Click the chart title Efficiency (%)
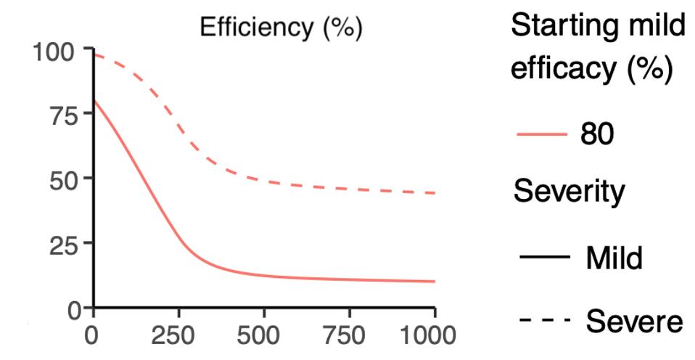(281, 28)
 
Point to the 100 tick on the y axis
(52, 53)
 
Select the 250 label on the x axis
(178, 337)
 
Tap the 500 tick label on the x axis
(263, 337)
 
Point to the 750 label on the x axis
(349, 337)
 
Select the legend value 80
(597, 134)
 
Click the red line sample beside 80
(542, 134)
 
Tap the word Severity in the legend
(569, 192)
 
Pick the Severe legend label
(634, 320)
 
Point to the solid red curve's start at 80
(94, 101)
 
